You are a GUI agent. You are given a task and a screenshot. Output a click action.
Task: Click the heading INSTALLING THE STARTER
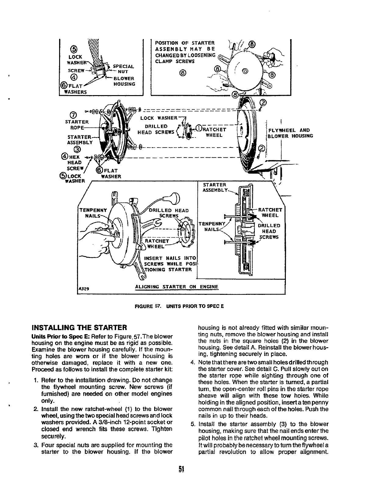79,328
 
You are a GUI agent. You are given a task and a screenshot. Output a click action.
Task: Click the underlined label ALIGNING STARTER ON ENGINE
177,287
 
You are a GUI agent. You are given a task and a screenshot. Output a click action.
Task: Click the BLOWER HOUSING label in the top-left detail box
124,81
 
